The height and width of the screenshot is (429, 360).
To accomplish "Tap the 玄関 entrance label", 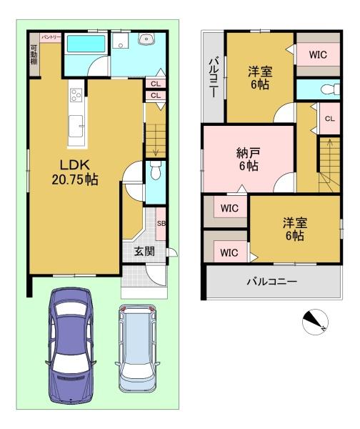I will click(144, 251).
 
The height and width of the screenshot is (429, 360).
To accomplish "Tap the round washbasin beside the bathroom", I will click(149, 39).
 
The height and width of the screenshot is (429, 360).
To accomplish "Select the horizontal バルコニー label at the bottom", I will click(271, 282).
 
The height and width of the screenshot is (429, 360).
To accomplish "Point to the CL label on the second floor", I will click(329, 119).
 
